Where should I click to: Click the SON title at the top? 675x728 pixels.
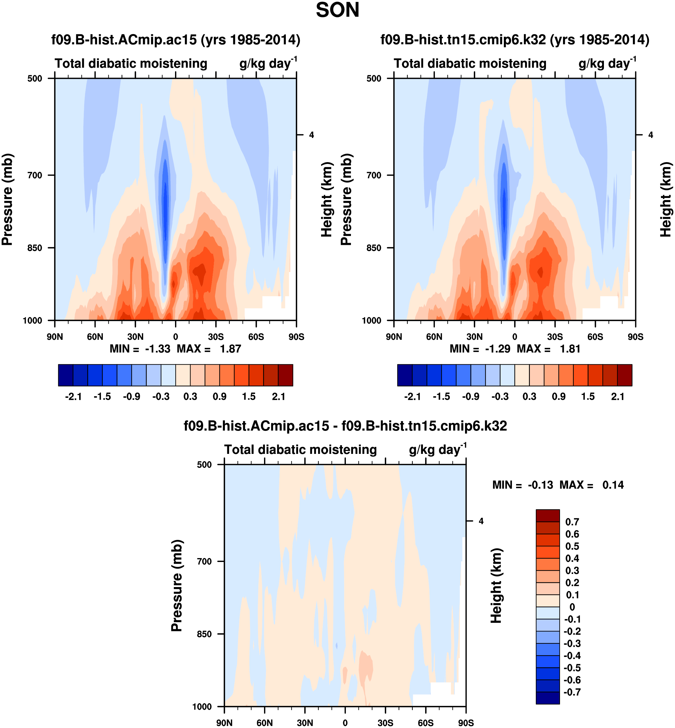click(337, 10)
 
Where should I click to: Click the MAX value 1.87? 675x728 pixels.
click(230, 349)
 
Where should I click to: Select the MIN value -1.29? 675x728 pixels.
click(498, 349)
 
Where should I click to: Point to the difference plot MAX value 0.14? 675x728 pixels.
click(613, 485)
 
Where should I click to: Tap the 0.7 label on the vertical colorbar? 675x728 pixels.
click(572, 522)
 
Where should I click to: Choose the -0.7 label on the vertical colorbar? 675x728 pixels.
click(572, 692)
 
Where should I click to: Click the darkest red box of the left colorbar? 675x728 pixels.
click(285, 375)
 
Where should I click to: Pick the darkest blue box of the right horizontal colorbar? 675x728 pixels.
click(405, 375)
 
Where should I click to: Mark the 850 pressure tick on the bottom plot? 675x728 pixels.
click(205, 634)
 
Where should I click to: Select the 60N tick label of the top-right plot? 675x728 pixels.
click(434, 337)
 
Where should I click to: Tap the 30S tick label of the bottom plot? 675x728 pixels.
click(385, 723)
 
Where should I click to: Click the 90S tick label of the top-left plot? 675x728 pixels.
click(296, 337)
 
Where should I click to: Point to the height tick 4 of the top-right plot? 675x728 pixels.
click(651, 135)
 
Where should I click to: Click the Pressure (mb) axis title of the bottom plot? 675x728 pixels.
click(177, 586)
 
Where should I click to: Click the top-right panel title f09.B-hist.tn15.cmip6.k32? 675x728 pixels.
click(515, 39)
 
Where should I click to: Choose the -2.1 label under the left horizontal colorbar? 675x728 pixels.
click(73, 397)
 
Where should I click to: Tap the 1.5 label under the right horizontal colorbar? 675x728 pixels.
click(588, 397)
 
